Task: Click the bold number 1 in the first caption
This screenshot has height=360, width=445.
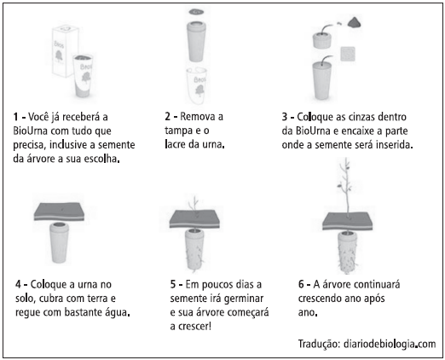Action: pyautogui.click(x=15, y=115)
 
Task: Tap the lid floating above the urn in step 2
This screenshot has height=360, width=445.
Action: pyautogui.click(x=197, y=15)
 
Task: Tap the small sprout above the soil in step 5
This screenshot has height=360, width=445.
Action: pyautogui.click(x=198, y=203)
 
